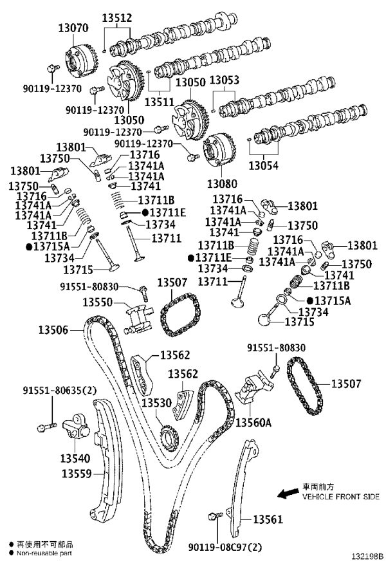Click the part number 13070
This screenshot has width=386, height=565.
pos(73,28)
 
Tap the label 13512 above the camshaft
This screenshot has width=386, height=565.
pos(117,17)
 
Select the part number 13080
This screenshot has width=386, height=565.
pos(222,183)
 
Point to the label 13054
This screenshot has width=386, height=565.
pos(264,165)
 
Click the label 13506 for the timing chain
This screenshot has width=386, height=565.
pos(53,329)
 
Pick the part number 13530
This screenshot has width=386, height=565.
pos(156,402)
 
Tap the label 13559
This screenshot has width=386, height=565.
pos(77,473)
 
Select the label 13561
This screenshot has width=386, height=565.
pos(268,519)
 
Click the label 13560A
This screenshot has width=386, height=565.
pos(253,422)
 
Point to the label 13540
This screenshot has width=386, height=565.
pos(75,458)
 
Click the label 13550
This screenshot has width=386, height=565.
pos(98,302)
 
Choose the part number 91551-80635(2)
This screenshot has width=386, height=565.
pos(60,390)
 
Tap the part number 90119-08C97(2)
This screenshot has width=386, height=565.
pos(225,547)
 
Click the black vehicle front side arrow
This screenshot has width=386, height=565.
pos(288,493)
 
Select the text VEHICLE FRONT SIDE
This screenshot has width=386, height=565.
pos(340,497)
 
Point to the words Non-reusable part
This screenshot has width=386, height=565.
pos(44,553)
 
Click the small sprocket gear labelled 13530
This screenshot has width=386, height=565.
pos(169,438)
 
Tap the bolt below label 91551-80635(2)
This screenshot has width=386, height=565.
pos(47,427)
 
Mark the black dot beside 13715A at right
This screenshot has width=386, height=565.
pos(310,300)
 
